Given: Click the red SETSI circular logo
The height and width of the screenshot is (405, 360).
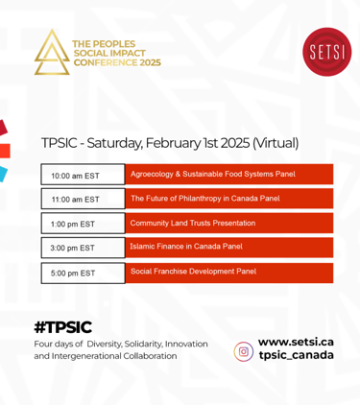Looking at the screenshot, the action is click(x=326, y=52).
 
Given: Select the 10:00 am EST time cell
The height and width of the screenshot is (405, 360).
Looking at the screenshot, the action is click(x=83, y=175).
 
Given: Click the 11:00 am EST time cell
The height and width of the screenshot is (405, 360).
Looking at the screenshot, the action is click(x=83, y=199).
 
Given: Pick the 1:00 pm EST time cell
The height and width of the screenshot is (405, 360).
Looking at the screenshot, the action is click(x=83, y=223).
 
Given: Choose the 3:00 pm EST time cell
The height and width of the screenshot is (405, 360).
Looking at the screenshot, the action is click(x=83, y=248).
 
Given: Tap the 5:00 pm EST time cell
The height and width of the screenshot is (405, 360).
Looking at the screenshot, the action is click(x=83, y=273).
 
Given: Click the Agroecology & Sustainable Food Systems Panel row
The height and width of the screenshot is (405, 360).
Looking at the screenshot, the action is click(x=229, y=175).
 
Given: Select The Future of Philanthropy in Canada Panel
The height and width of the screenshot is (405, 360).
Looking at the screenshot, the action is click(x=229, y=199).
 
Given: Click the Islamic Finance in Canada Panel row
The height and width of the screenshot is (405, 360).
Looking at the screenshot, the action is click(x=229, y=248).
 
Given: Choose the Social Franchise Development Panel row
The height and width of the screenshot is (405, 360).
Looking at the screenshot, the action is click(x=229, y=273).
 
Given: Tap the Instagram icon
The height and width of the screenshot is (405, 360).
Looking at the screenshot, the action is click(x=244, y=351).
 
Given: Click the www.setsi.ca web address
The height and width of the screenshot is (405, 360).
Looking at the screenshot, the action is click(x=296, y=342).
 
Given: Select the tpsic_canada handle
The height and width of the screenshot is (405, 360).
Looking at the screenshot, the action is click(x=297, y=355).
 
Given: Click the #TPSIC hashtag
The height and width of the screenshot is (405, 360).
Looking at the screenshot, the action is click(x=63, y=327).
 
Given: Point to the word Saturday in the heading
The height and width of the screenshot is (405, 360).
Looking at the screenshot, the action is click(x=114, y=143).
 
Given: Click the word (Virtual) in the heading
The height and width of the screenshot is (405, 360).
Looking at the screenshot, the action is click(x=276, y=143).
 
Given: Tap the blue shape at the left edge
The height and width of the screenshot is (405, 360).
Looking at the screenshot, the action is click(x=3, y=174).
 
